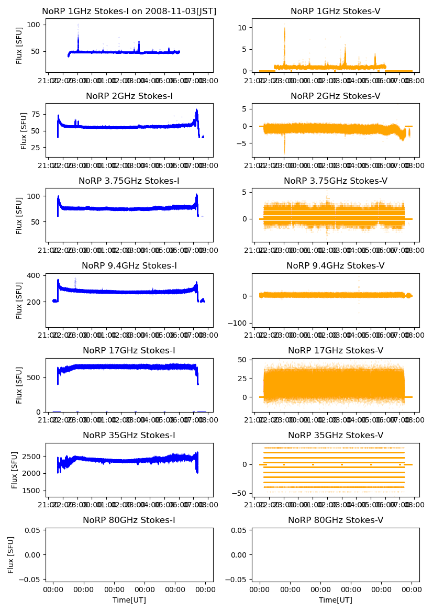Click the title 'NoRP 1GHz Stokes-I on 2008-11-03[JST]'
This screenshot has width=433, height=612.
click(x=129, y=11)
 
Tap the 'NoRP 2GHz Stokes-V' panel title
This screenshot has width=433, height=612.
click(x=335, y=96)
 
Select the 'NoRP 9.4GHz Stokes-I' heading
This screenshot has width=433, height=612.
click(x=129, y=265)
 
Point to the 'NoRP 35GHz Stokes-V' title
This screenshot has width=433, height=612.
click(x=335, y=435)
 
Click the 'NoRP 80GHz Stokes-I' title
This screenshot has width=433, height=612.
click(x=129, y=520)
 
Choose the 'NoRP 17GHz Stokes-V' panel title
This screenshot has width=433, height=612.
click(x=335, y=350)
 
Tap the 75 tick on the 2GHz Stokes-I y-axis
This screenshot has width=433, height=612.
click(x=38, y=114)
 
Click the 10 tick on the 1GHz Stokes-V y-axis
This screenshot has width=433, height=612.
click(x=243, y=27)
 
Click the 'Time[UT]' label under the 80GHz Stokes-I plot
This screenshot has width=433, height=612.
click(x=129, y=600)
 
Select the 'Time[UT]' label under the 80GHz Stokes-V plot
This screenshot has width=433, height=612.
click(x=335, y=600)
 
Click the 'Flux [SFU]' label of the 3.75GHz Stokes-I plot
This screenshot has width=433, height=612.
click(x=19, y=215)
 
